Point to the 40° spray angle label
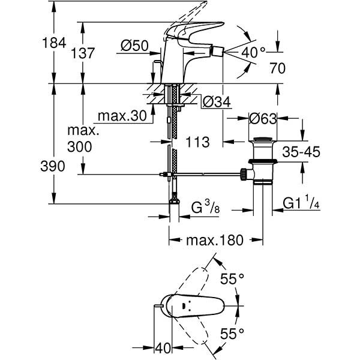tap(253, 52)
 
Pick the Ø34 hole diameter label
tap(216, 103)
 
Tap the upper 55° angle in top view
tap(232, 279)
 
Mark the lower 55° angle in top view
tap(232, 333)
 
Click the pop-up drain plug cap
tap(262, 143)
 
